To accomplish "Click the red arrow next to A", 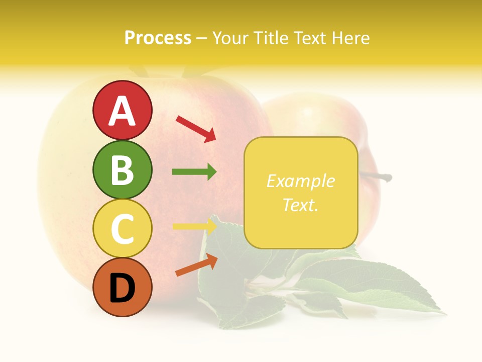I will [196, 128].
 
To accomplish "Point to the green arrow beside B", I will [194, 172].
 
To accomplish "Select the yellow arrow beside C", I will [194, 226].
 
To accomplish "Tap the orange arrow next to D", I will [196, 265].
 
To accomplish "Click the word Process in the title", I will [158, 38].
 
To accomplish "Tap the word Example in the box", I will [300, 181].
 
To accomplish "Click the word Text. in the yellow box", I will [300, 205].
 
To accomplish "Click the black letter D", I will [122, 289].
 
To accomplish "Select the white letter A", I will [122, 111].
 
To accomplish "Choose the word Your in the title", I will [231, 38].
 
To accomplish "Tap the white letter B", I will [122, 170].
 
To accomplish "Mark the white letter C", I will [122, 229].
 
